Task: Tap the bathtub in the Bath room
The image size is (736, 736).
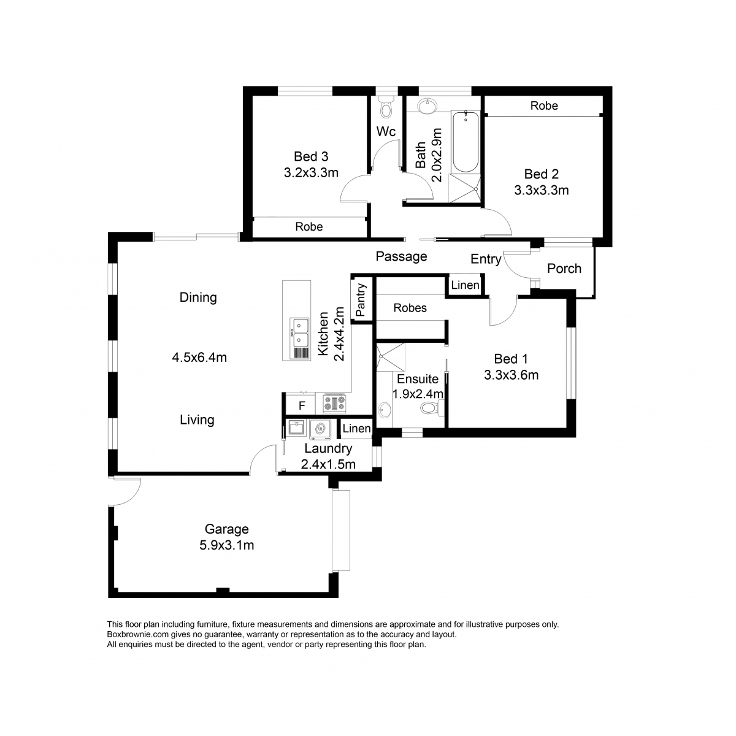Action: pyautogui.click(x=465, y=142)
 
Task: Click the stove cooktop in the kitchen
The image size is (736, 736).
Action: pyautogui.click(x=334, y=403)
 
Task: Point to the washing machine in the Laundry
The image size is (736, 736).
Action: pyautogui.click(x=320, y=429)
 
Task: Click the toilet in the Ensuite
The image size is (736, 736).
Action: pyautogui.click(x=432, y=408)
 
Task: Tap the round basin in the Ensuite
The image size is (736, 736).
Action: pyautogui.click(x=385, y=411)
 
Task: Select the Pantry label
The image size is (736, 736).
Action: pyautogui.click(x=360, y=300)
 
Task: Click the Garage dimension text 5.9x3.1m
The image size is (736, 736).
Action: pyautogui.click(x=226, y=545)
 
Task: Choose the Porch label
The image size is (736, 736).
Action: pyautogui.click(x=564, y=269)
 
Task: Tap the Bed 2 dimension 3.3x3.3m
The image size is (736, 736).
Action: pyautogui.click(x=541, y=190)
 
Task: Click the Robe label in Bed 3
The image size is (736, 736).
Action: pyautogui.click(x=309, y=226)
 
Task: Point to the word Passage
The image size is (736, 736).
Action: pyautogui.click(x=401, y=256)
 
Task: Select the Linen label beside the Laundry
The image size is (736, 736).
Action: pyautogui.click(x=356, y=429)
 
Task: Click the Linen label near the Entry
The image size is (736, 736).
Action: pyautogui.click(x=465, y=285)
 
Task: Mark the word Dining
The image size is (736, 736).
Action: pyautogui.click(x=198, y=297)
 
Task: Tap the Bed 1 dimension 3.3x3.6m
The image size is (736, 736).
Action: pyautogui.click(x=511, y=375)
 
